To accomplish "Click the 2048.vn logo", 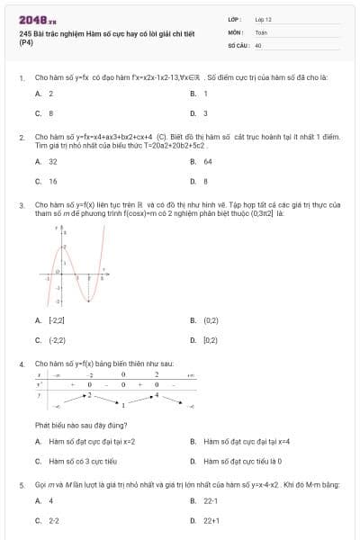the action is click(x=38, y=19).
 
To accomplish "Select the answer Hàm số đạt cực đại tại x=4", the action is click(x=233, y=441).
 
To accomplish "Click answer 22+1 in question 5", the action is click(x=211, y=520).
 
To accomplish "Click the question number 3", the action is click(x=21, y=205).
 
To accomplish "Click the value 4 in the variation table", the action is click(x=156, y=394).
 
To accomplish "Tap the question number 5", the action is click(x=21, y=485).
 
